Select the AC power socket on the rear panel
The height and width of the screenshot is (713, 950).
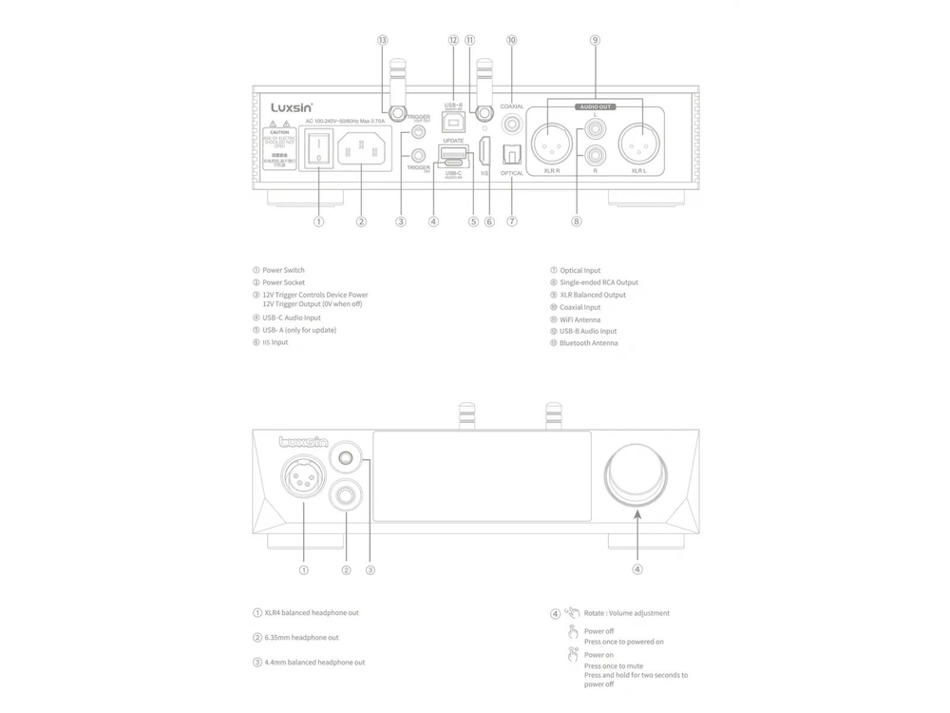pos(361,149)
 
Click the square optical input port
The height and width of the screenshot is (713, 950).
pos(513,152)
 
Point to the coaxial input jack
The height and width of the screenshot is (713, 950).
pos(513,123)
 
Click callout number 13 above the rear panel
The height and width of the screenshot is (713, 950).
pos(383,41)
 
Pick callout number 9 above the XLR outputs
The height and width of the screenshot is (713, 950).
pos(595,41)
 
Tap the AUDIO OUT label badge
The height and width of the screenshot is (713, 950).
pos(595,107)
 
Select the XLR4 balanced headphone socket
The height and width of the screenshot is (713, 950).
pos(303,476)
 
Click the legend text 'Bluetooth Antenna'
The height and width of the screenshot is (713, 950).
pos(588,342)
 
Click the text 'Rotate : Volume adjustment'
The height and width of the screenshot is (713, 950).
pos(626,613)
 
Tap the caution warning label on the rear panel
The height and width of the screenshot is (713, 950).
pos(280,145)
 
